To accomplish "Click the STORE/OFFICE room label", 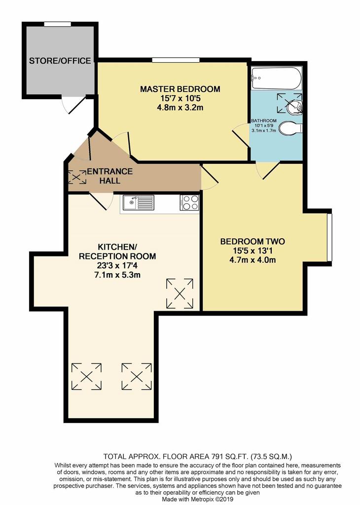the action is (x=60, y=61).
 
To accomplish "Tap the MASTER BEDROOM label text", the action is (x=180, y=89).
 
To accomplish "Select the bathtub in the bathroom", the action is (x=277, y=78).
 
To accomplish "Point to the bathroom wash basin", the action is (x=295, y=105).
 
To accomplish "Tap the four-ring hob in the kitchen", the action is (x=189, y=203).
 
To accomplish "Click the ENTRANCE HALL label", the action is (x=109, y=176).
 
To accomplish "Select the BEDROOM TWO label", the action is (x=252, y=242).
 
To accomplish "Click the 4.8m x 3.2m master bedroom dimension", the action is (x=180, y=108).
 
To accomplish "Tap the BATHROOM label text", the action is (x=264, y=121).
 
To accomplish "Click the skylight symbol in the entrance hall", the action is (x=77, y=177).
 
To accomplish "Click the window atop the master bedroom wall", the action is (x=176, y=60).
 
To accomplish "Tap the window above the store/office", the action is (x=57, y=24).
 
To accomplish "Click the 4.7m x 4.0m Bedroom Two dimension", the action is (x=252, y=260).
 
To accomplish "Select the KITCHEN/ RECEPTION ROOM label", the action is (x=117, y=252).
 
